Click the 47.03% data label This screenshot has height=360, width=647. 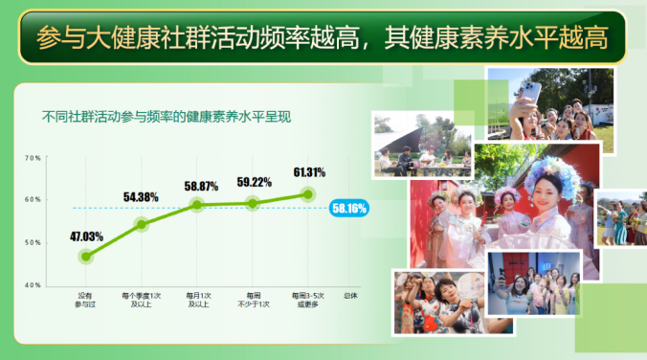click(86, 236)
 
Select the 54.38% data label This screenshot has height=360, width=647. click(141, 197)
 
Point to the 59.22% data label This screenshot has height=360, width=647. click(254, 181)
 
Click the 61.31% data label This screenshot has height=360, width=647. click(309, 172)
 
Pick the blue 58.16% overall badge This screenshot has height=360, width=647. click(348, 208)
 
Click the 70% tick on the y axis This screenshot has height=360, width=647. click(32, 158)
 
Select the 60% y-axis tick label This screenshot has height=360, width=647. click(32, 200)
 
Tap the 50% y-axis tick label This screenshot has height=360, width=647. click(32, 242)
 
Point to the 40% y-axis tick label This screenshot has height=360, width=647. click(32, 285)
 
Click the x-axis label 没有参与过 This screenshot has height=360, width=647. click(86, 300)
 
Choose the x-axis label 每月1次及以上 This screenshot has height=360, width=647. click(196, 300)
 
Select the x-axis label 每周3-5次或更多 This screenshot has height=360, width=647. click(308, 300)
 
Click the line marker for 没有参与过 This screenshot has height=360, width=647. click(86, 257)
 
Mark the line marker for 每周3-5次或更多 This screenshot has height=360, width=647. click(308, 194)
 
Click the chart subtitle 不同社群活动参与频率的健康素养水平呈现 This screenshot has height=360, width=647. click(167, 118)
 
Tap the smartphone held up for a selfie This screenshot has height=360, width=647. click(530, 92)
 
